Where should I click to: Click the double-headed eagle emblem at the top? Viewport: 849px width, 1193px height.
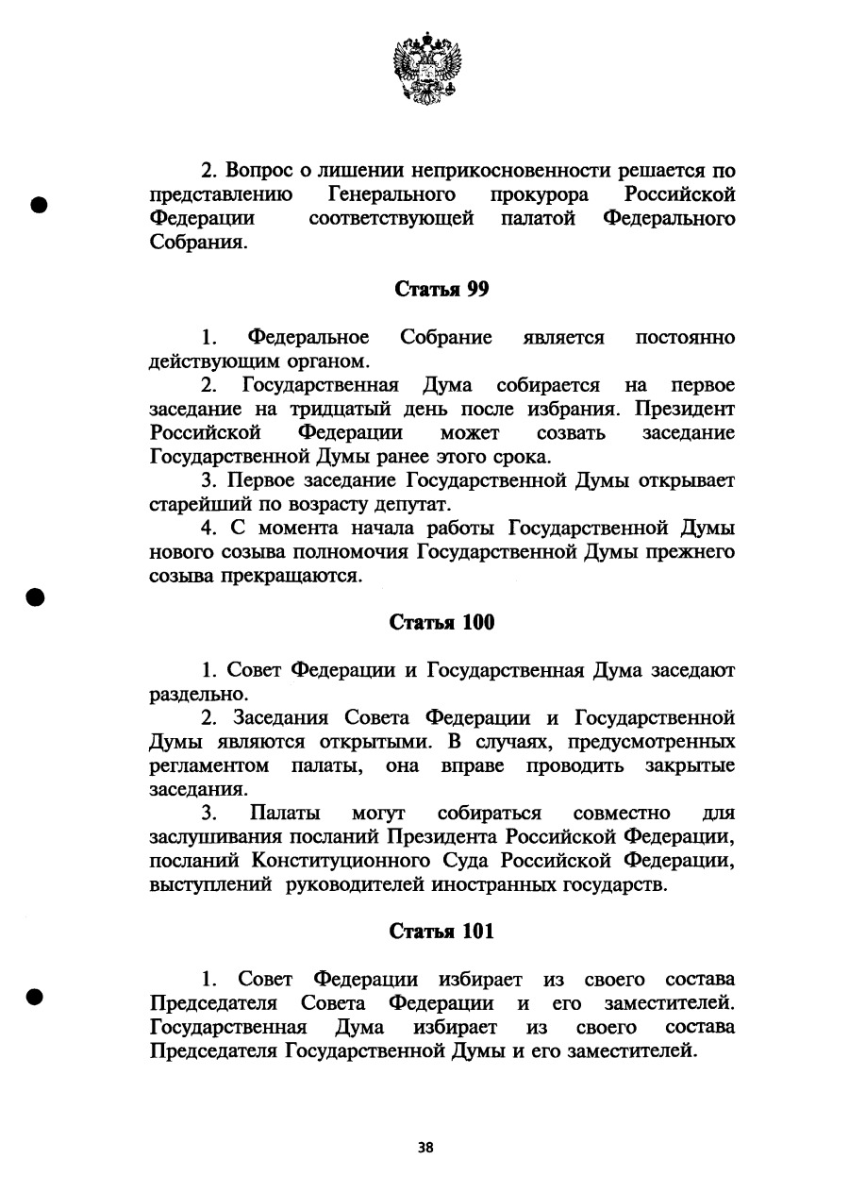pyautogui.click(x=425, y=65)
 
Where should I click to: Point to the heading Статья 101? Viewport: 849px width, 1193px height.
pyautogui.click(x=441, y=931)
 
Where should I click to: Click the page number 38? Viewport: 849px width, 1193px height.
pyautogui.click(x=425, y=1148)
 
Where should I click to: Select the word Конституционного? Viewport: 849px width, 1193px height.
pyautogui.click(x=374, y=860)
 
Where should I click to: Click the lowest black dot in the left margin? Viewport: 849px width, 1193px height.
pyautogui.click(x=38, y=997)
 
